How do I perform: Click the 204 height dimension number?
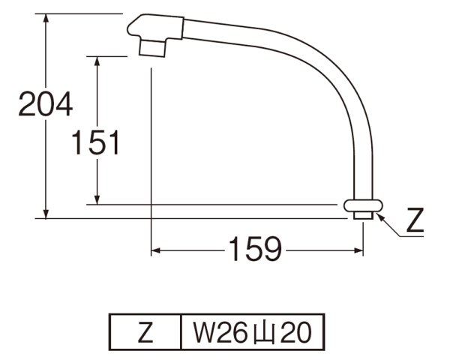pyautogui.click(x=45, y=104)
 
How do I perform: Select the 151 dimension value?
pyautogui.click(x=95, y=142)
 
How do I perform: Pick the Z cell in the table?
pyautogui.click(x=145, y=329)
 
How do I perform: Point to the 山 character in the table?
pyautogui.click(x=262, y=329)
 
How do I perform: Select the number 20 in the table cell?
pyautogui.click(x=295, y=329)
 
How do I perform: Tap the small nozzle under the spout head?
pyautogui.click(x=154, y=47)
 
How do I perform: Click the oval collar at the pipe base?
pyautogui.click(x=364, y=205)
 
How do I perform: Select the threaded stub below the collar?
pyautogui.click(x=364, y=215)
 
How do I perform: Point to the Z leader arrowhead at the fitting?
pyautogui.click(x=378, y=216)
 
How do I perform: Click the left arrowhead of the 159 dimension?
pyautogui.click(x=157, y=249)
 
